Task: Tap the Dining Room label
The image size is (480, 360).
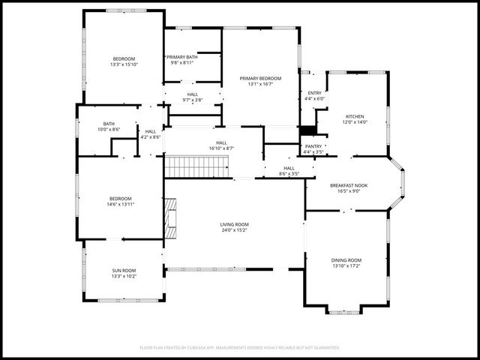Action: point(346,259)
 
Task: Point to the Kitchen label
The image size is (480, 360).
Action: point(355,116)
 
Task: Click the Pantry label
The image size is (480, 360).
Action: point(313,146)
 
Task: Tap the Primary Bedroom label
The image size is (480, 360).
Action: point(260,78)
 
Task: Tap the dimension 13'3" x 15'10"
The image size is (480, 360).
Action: point(124,64)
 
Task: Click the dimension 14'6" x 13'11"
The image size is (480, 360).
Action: point(121,204)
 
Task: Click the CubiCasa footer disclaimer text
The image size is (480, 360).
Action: point(240,347)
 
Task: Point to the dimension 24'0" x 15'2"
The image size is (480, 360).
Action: point(235,229)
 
